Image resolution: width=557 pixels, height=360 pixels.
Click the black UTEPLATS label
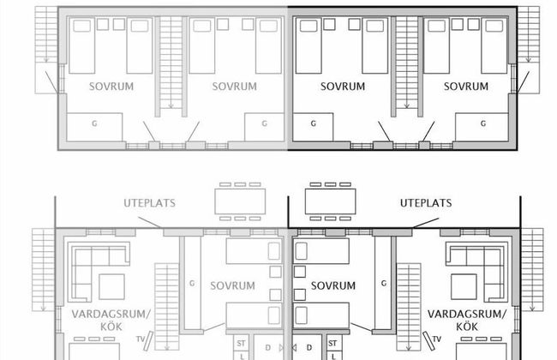coord(426,203)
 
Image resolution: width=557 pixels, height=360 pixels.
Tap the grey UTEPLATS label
coord(150,203)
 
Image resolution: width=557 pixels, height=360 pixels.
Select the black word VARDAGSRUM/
coord(467,315)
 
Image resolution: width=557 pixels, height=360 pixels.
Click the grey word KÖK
coord(111,327)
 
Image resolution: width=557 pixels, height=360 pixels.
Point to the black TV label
coord(436,339)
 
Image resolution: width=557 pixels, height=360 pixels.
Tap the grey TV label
coord(141,339)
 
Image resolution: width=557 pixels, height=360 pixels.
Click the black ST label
coord(332,344)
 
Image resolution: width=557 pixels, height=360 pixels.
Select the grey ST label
coord(241,344)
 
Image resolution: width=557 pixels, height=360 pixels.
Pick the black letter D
coord(309,347)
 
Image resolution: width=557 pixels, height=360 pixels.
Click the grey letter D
coord(268,347)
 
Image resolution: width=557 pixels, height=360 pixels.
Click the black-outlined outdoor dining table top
coord(331,201)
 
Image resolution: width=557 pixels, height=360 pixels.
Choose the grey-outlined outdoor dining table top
coord(240,201)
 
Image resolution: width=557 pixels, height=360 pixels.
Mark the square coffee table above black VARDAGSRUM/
coord(464,286)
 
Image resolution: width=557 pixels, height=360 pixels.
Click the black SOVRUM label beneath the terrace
coord(333,285)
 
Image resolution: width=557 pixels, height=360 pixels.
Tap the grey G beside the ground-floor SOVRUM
coord(192,283)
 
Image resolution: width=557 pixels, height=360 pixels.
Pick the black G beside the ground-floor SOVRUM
coord(384,283)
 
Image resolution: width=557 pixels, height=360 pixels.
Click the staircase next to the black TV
coord(409,307)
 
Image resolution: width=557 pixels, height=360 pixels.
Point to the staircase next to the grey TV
coord(167,307)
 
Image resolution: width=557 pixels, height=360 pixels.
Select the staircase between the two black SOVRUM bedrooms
coord(407,63)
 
